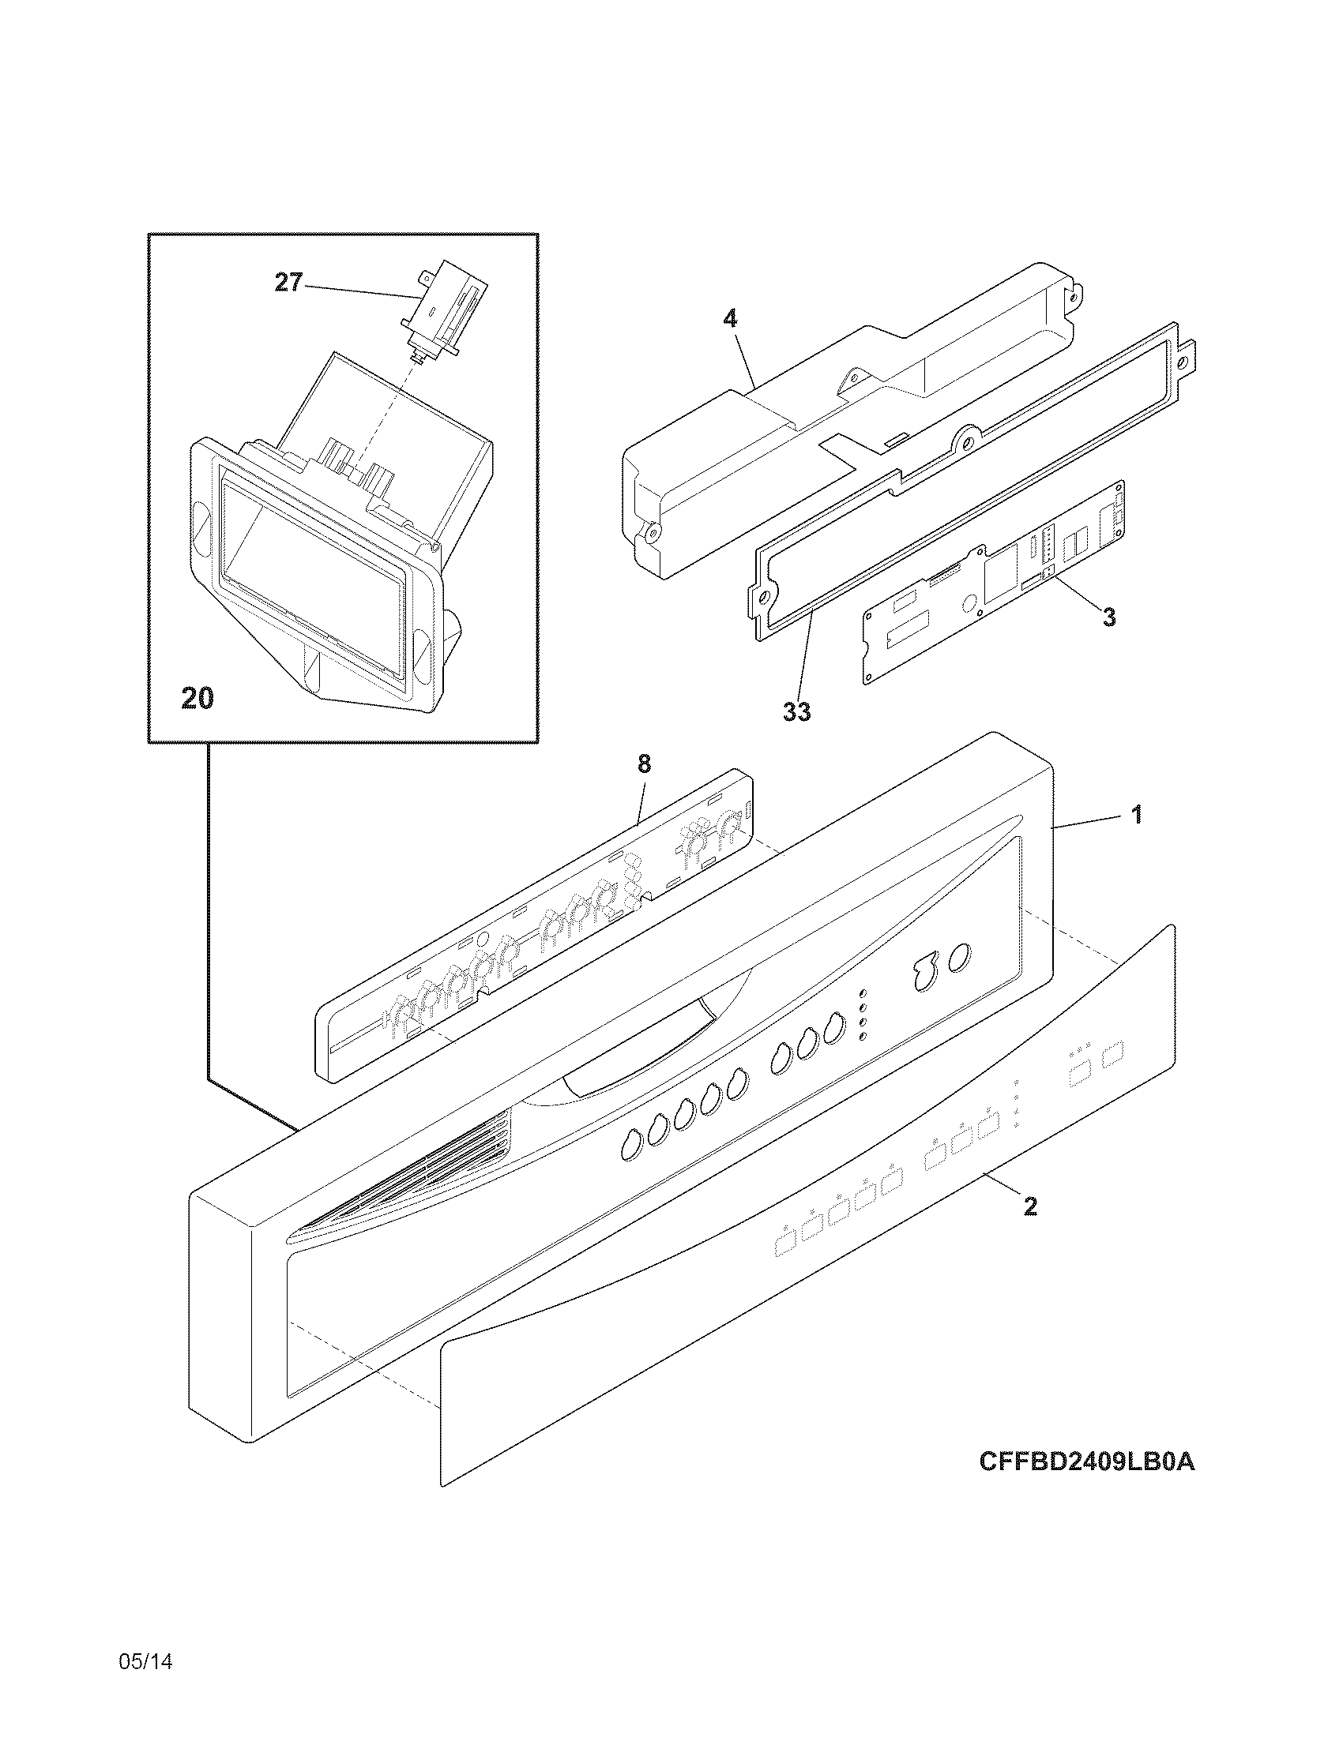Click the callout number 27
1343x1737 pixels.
point(289,283)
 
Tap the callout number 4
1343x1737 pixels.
point(730,320)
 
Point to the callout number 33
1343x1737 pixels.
point(796,712)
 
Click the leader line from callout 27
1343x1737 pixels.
point(358,290)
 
